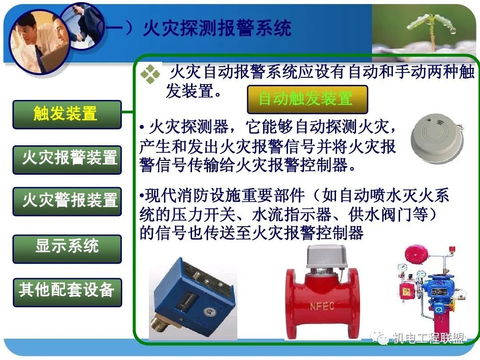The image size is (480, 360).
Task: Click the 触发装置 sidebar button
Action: tap(67, 115)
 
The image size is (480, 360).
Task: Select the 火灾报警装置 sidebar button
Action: tap(67, 158)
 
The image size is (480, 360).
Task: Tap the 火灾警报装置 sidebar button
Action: tap(67, 201)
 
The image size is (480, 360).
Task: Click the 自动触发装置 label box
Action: tap(307, 99)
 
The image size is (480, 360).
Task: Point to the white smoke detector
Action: tap(436, 136)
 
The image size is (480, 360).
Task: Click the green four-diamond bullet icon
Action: tap(150, 75)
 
